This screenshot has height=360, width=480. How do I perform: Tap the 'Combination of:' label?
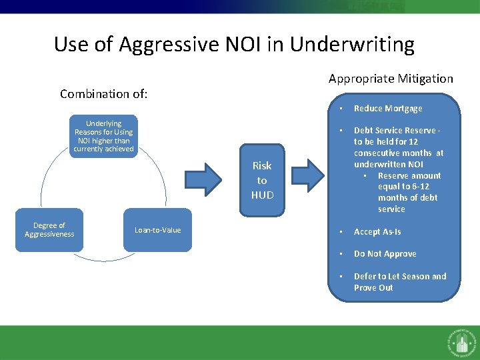(103, 94)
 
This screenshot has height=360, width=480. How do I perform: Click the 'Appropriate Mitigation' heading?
(391, 79)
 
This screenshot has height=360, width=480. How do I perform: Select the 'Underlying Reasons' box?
(103, 136)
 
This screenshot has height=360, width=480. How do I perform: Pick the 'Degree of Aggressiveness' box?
(49, 230)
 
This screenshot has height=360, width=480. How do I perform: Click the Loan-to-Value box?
(158, 230)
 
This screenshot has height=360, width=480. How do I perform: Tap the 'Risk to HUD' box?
(262, 180)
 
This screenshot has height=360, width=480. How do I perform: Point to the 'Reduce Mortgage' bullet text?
(388, 109)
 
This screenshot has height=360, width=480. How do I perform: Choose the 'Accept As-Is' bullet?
(377, 232)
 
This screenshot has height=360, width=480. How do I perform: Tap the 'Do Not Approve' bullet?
(385, 254)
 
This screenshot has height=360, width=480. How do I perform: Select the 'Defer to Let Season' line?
(400, 277)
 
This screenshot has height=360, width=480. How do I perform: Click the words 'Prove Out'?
(373, 288)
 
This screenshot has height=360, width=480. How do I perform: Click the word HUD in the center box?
(262, 195)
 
